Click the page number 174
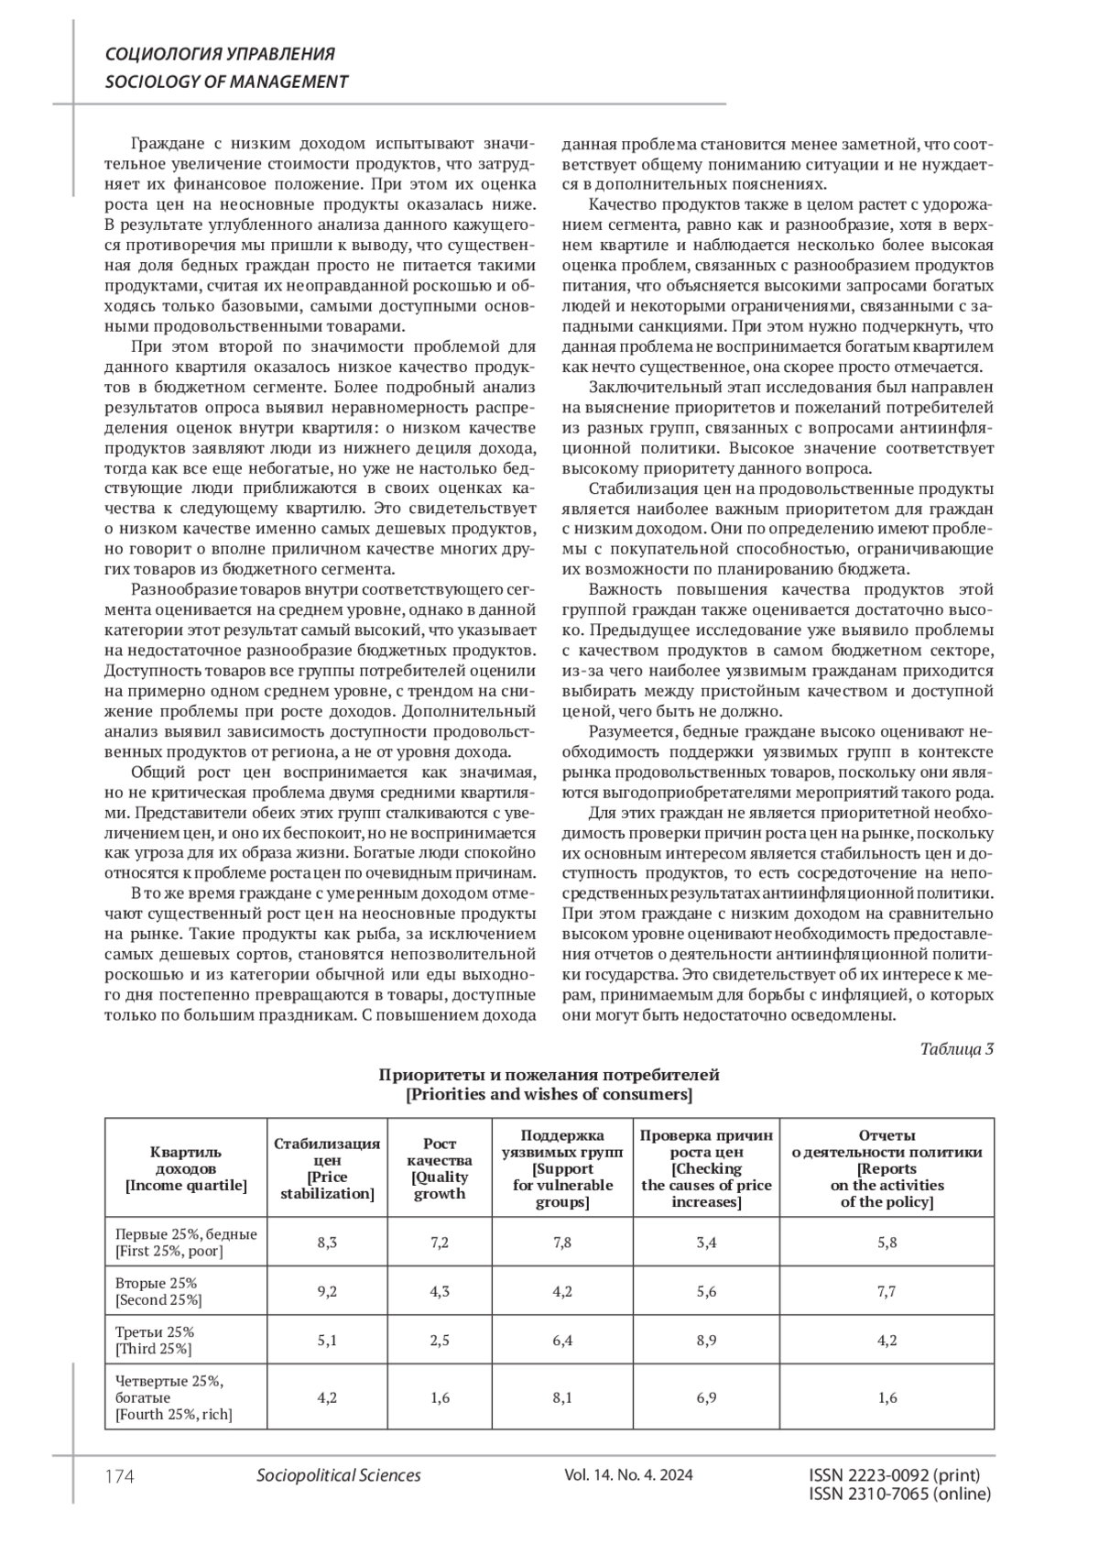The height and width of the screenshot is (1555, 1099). coord(120,1475)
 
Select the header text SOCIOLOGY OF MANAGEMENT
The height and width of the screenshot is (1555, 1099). coord(227,82)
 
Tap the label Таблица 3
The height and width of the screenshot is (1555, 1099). coord(956,1049)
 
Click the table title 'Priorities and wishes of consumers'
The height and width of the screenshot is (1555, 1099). coord(549,1094)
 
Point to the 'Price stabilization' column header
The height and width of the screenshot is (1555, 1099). coord(327,1168)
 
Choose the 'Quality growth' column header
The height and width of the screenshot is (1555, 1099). coord(440,1168)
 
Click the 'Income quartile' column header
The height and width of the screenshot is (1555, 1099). coord(186,1168)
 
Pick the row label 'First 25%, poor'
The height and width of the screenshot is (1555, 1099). coord(186,1242)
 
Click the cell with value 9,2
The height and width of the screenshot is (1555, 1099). coord(327,1291)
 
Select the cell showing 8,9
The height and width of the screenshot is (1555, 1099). coord(706,1340)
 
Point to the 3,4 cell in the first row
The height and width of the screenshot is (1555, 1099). coord(706,1242)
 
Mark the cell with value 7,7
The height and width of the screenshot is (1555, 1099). coord(887,1291)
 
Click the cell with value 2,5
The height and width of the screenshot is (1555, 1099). coord(440,1340)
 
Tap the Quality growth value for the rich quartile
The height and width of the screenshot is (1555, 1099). coord(440,1397)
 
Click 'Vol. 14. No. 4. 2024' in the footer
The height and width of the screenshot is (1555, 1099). coord(628,1475)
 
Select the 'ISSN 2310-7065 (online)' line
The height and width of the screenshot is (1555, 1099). coord(900,1495)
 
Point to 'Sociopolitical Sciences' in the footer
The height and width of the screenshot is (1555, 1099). coord(339,1475)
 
